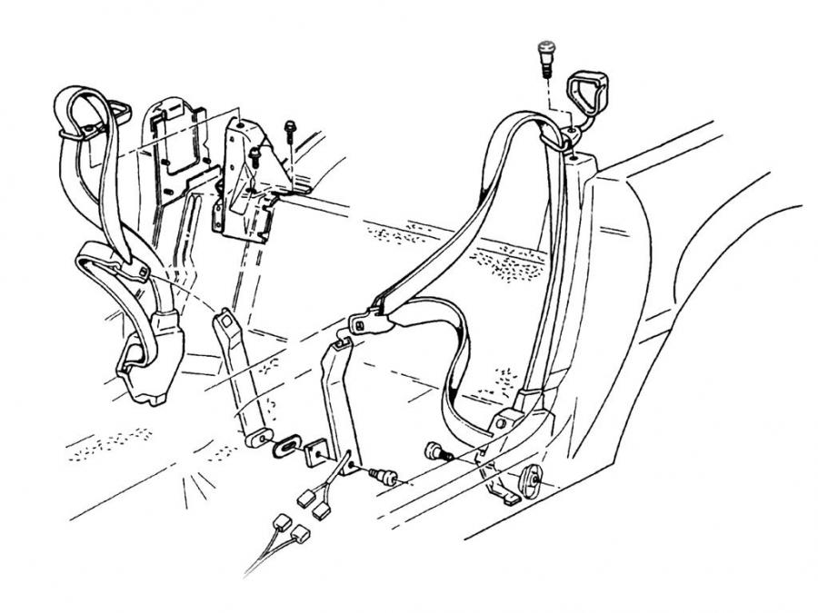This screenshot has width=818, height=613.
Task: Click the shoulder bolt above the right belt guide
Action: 547,56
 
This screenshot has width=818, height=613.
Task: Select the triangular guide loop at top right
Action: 582,94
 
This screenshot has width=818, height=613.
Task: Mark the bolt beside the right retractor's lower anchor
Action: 437,450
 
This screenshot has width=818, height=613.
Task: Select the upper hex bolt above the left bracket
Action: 290,128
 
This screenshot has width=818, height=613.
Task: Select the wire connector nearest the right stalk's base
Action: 319,511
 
